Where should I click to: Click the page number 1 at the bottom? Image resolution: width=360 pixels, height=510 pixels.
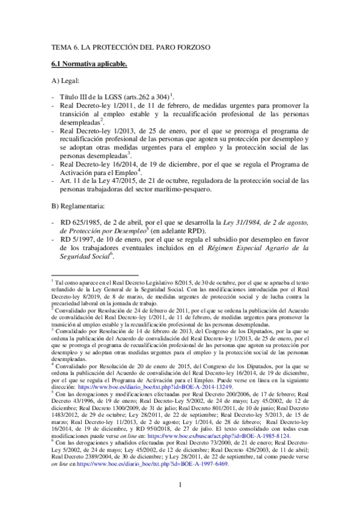[x=180, y=485]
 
